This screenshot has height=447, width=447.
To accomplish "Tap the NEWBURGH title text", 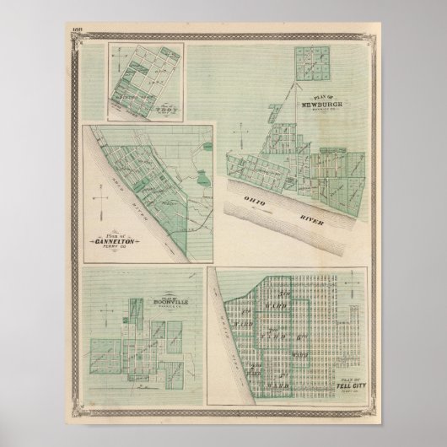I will coord(330,105).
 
